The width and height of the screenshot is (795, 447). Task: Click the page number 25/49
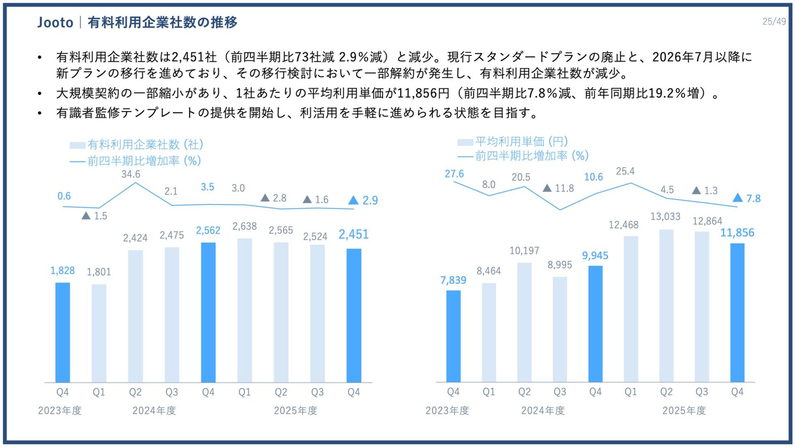[x=773, y=22]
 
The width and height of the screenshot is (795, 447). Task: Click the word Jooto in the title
[x=55, y=22]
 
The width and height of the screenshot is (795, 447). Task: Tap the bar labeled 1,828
[x=63, y=332]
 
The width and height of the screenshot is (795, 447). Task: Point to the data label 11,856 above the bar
[x=737, y=233]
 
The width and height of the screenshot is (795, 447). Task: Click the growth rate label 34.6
[x=130, y=174]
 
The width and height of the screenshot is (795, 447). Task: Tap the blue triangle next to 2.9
[x=353, y=200]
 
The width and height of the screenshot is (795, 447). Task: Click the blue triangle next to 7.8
[x=737, y=198]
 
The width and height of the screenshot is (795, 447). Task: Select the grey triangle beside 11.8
[x=547, y=188]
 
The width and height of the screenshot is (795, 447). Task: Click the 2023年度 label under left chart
[x=60, y=411]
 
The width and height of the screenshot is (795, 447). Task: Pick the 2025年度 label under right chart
[x=684, y=411]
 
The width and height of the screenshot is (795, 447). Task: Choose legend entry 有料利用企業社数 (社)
[x=145, y=144]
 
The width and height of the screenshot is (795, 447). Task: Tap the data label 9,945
[x=595, y=255]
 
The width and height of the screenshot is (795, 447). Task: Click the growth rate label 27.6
[x=454, y=174]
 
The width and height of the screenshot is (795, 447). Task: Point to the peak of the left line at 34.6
[x=135, y=183]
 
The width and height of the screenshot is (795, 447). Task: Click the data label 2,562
[x=208, y=231]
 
